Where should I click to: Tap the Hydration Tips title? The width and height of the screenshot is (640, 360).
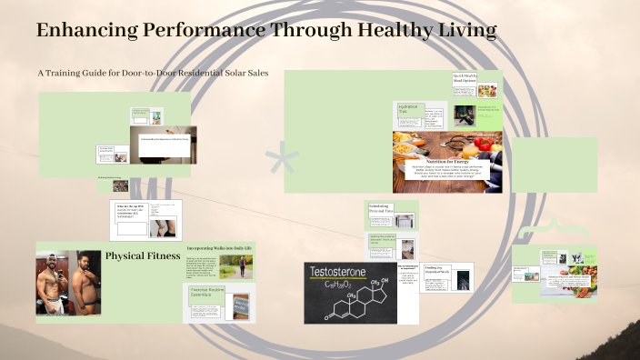coord(408,109)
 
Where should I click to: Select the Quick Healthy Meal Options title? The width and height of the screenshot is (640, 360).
coord(465,79)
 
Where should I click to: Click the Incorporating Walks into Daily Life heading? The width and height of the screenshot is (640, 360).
coord(219,247)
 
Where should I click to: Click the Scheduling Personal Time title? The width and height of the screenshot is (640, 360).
coord(380,209)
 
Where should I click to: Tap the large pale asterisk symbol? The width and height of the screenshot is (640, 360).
coord(282,164)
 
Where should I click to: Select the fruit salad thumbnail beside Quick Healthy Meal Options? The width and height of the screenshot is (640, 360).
coord(488,91)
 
